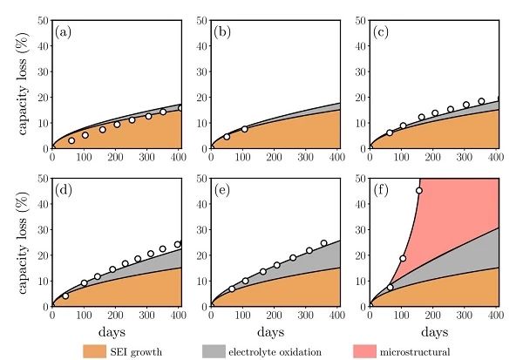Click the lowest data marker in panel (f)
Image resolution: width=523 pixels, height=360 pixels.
coord(390,287)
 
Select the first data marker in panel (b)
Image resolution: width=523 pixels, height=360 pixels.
coord(227,136)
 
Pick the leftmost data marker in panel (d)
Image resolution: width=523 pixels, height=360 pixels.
coord(65,295)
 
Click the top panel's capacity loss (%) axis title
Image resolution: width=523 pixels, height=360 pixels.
coord(17,83)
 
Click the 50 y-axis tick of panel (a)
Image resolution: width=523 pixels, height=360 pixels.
coord(44,19)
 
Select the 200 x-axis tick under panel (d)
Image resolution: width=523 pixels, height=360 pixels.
coord(115,315)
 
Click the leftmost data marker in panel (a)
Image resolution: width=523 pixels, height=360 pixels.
coord(71,140)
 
